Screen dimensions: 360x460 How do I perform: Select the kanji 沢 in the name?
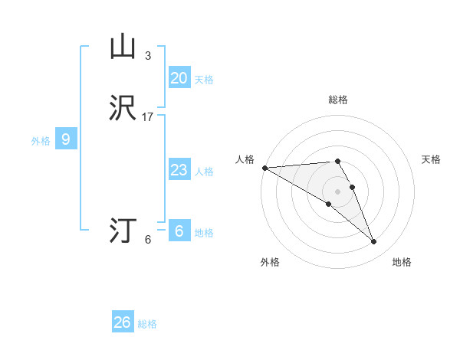123,108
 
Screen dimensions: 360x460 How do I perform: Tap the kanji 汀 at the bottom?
123,230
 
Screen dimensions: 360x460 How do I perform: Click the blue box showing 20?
179,77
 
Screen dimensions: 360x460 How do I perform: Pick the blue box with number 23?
179,169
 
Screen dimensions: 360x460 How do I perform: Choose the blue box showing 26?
123,322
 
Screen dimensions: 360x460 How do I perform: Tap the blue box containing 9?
66,139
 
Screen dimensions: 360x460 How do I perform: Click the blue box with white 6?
179,231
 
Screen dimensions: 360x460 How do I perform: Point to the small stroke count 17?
148,117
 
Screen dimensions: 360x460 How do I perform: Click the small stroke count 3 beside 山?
148,55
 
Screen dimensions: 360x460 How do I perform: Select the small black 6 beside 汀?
148,240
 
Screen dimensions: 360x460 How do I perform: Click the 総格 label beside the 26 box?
147,324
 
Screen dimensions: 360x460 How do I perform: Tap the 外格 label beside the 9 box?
41,141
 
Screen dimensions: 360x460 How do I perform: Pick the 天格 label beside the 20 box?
203,80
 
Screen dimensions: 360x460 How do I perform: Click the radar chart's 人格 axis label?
245,159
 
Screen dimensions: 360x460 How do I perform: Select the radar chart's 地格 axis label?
402,262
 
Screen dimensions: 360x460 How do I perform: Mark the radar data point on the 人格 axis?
264,168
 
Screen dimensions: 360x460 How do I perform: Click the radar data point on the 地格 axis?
373,242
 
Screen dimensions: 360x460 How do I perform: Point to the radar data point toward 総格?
337,161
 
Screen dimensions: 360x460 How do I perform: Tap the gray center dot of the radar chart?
337,191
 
